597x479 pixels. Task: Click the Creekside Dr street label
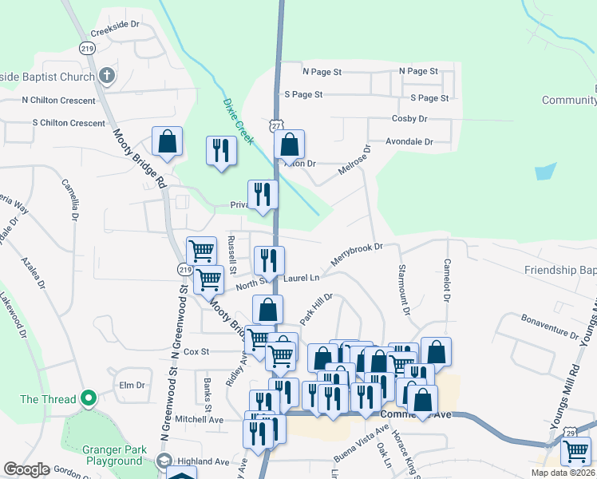click(x=115, y=25)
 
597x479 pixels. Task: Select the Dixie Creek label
click(x=238, y=121)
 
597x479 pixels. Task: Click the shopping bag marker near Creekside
click(x=167, y=142)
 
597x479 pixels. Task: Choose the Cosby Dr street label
click(x=409, y=119)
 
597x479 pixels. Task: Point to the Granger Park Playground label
click(x=113, y=455)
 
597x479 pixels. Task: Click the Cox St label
click(x=196, y=351)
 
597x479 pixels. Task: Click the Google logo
click(x=26, y=469)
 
